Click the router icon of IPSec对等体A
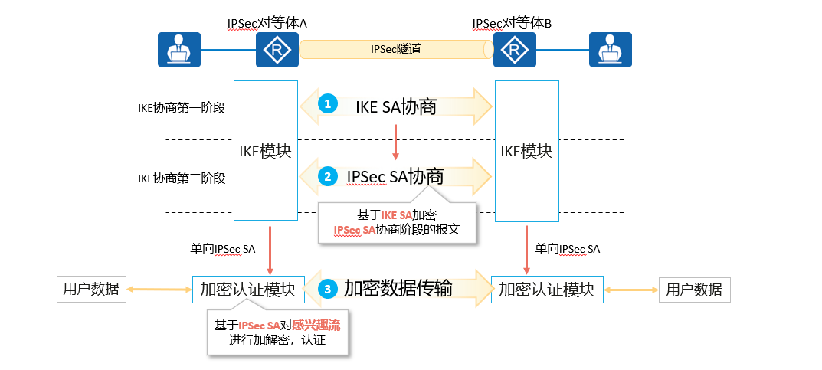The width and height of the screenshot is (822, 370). coord(277,51)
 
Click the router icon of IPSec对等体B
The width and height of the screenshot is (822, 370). coord(514,51)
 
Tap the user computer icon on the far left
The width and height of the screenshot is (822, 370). coord(178,51)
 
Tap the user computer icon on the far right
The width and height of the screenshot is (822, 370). coord(611,51)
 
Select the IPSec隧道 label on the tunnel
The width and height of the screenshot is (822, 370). coord(396,50)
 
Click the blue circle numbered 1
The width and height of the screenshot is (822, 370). coord(328,105)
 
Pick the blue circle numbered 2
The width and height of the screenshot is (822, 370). coord(328,176)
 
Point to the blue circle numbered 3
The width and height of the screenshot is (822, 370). coord(328,289)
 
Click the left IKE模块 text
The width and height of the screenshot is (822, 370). coord(265,151)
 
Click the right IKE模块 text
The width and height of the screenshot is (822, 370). coord(526,151)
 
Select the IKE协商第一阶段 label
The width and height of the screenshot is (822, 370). coord(182,107)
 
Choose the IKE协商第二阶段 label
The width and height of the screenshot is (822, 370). coord(182,178)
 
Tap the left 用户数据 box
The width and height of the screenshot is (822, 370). coord(92,289)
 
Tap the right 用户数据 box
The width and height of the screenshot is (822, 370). coord(694,290)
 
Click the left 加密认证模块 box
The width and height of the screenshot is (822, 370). coord(247,290)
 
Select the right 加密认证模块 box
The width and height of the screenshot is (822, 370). coord(547,290)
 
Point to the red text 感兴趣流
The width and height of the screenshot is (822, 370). coord(316,326)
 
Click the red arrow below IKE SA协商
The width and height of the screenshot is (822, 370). coord(395,141)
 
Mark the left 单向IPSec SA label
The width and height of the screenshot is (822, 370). coord(223,248)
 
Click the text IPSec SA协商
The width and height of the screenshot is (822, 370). coord(395,176)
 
